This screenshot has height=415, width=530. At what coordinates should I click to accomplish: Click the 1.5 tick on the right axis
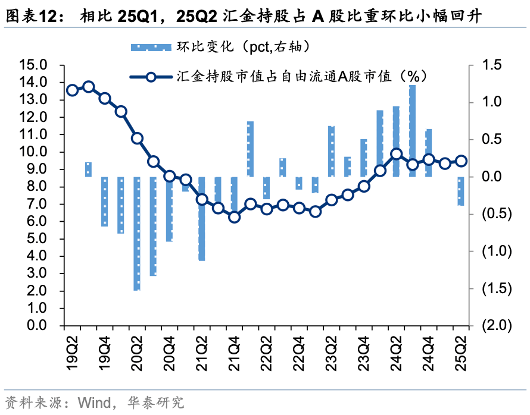(492, 65)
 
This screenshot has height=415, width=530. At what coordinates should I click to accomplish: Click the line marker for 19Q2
(73, 90)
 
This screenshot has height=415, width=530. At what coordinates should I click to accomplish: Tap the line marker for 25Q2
(461, 161)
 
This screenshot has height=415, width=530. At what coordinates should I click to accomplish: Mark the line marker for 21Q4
(234, 217)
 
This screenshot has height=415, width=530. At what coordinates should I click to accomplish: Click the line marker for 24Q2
(397, 154)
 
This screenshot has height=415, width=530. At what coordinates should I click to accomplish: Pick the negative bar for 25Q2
(461, 191)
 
